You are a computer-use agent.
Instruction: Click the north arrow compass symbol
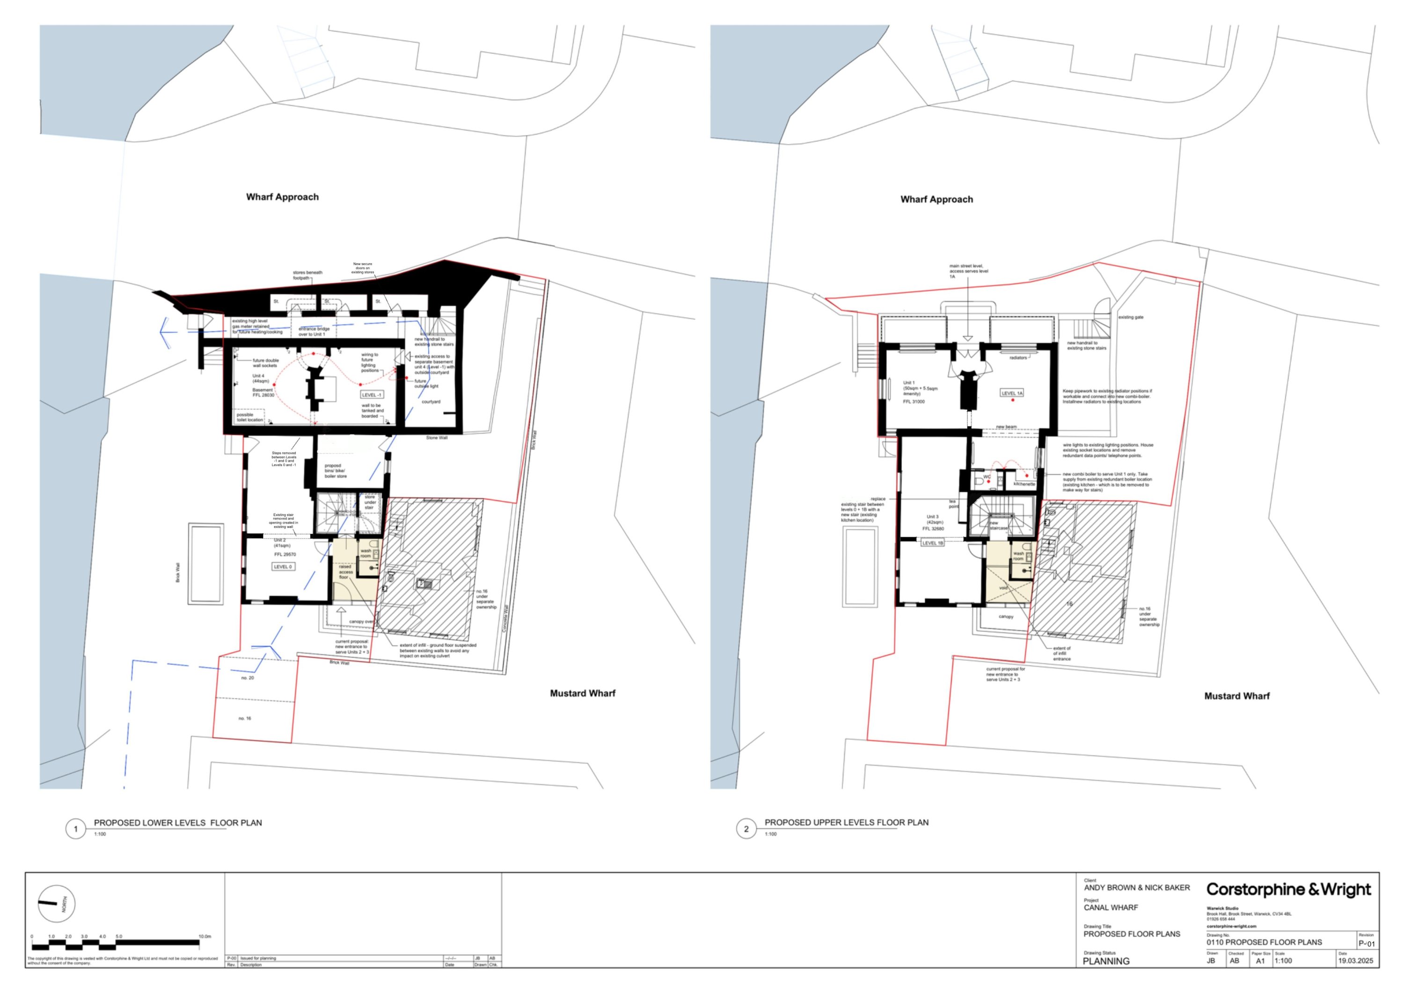pos(56,903)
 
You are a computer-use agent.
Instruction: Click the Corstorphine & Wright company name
pos(1288,889)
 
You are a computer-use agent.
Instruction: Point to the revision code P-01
pos(1366,943)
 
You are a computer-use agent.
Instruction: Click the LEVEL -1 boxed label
pos(371,395)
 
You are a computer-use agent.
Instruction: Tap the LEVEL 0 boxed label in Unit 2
pos(283,567)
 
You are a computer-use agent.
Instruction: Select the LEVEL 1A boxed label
pos(1012,393)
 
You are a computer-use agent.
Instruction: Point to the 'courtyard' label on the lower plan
pos(431,402)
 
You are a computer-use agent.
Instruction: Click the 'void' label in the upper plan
pos(1003,588)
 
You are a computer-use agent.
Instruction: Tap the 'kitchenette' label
pos(1024,484)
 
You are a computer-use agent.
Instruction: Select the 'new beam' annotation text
pos(1006,426)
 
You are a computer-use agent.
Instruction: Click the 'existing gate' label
pos(1131,317)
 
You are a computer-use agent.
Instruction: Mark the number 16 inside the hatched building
pos(1069,603)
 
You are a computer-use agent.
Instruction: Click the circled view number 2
pos(746,829)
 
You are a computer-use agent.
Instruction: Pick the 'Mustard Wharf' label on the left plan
pos(582,693)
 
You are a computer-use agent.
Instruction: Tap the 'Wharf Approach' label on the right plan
pos(936,200)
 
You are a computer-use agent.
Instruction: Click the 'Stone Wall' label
pos(437,437)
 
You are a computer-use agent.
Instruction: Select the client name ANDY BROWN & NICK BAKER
pos(1137,887)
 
